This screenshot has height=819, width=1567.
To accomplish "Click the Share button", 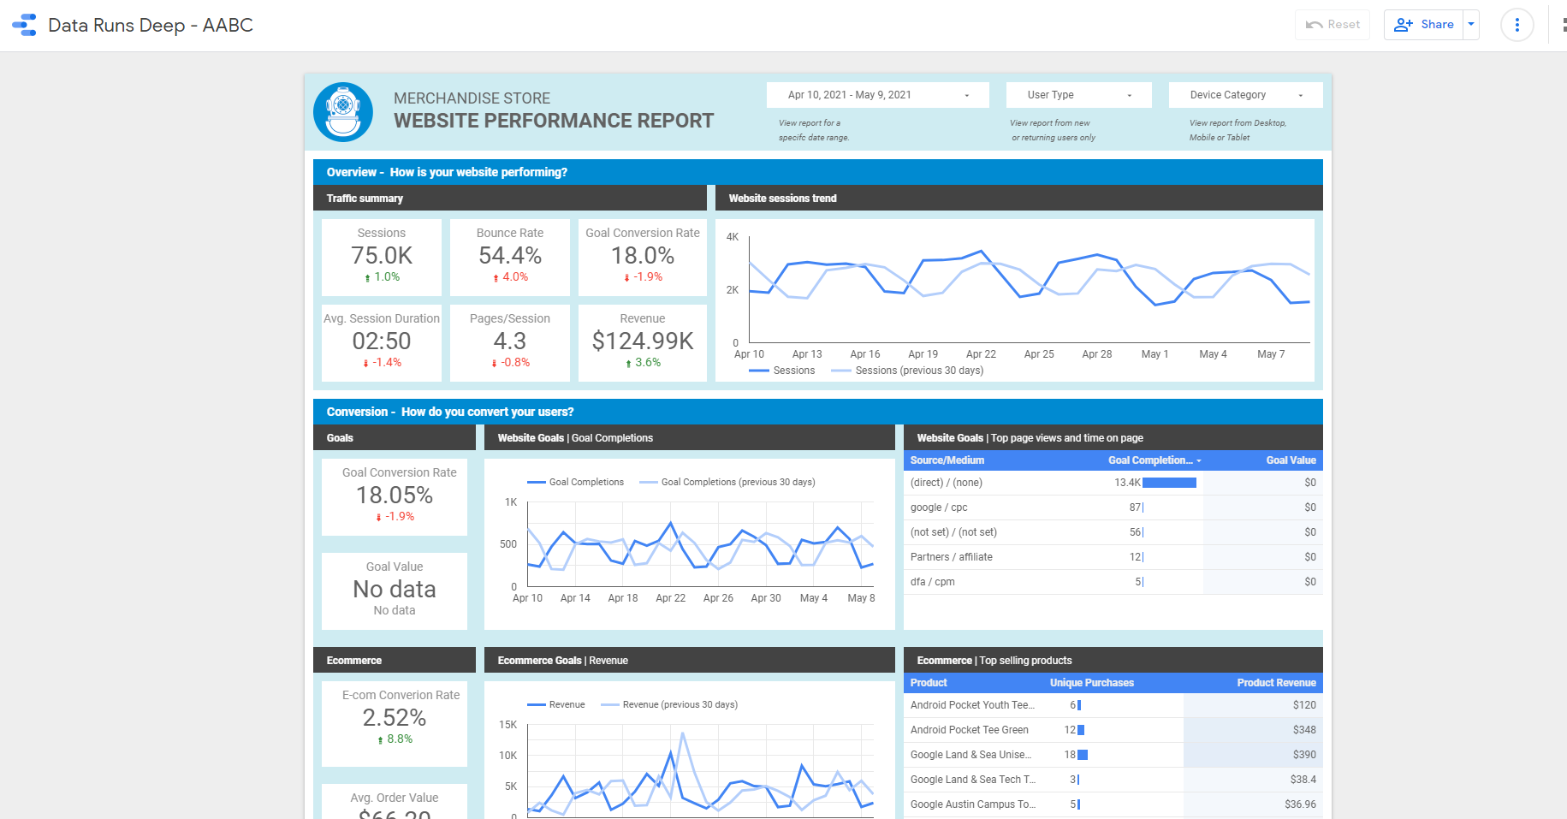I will point(1424,25).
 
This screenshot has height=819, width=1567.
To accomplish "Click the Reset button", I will point(1333,25).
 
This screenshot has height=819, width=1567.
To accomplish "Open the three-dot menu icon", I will point(1517,25).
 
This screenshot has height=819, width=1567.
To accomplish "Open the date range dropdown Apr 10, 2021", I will point(877,95).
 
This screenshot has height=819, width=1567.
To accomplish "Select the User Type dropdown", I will point(1078,95).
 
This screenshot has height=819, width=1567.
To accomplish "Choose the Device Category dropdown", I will point(1245,95).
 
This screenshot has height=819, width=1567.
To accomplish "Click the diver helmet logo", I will point(343,112).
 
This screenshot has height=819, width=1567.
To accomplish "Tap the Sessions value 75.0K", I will point(382,256).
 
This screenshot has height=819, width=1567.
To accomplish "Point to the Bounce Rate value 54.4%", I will point(510,256).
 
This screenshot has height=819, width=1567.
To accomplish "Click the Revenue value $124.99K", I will point(643,341).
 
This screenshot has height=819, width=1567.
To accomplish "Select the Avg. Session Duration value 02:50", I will point(382,341).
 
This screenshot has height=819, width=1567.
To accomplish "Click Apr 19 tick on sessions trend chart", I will point(923,354).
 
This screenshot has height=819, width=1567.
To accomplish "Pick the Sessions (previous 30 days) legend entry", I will point(918,371).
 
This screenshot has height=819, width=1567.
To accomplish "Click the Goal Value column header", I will point(1291,460).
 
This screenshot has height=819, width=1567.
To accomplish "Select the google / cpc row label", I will point(939,507).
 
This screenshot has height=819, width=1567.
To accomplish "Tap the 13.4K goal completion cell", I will point(1127,483).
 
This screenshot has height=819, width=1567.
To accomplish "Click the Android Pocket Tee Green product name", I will point(969,730).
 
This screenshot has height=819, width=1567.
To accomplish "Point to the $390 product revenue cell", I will point(1304,755).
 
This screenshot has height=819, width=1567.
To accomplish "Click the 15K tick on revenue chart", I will point(507,725).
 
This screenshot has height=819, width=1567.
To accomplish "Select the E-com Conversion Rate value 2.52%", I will point(394,718).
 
